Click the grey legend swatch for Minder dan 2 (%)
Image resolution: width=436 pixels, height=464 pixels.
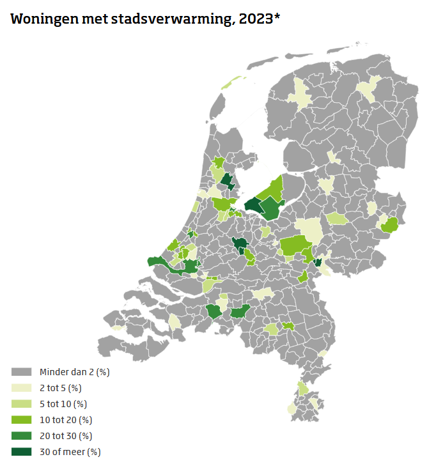coord(22,372)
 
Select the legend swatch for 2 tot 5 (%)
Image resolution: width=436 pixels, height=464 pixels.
coord(22,388)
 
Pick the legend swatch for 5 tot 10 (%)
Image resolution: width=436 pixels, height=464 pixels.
coord(22,404)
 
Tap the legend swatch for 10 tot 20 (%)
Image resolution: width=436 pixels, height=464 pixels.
coord(22,420)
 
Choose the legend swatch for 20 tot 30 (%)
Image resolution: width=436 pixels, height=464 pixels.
coord(22,436)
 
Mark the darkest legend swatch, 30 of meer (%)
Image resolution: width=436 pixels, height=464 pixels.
coord(22,452)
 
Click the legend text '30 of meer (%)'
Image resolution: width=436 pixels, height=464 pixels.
coord(70,452)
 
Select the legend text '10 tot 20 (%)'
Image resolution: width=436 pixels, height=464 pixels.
coord(66,420)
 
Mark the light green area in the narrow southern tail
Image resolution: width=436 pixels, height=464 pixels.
coord(303,388)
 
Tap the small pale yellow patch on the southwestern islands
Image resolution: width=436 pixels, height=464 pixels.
coord(117,328)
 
